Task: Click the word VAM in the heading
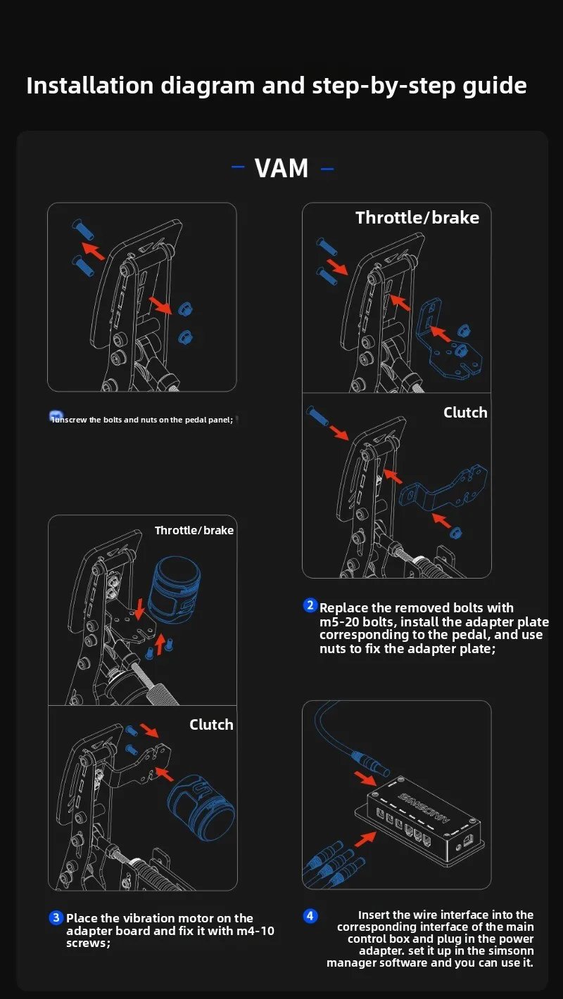click(x=281, y=169)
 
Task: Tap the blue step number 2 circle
click(x=310, y=605)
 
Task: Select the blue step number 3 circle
click(x=56, y=917)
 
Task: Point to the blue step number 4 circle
click(x=310, y=915)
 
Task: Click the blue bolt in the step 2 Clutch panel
click(x=319, y=418)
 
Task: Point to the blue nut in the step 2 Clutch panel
click(x=456, y=532)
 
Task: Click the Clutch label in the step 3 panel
click(x=211, y=725)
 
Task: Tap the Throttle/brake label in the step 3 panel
click(x=194, y=530)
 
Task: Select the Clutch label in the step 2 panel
click(x=465, y=413)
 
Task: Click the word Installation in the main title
click(x=89, y=86)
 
